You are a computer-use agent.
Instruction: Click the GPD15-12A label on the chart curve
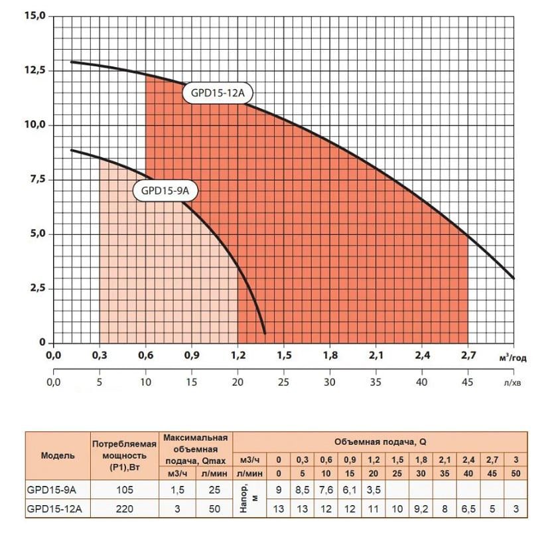tap(218, 94)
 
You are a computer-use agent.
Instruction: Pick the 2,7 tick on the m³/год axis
tap(468, 356)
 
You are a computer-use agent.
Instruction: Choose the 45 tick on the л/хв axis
tap(468, 382)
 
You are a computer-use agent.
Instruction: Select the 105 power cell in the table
tap(124, 491)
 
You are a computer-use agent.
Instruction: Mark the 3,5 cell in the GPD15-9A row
tap(374, 491)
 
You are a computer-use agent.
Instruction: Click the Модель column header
tap(58, 456)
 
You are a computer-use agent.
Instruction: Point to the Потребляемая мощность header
tap(124, 456)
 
